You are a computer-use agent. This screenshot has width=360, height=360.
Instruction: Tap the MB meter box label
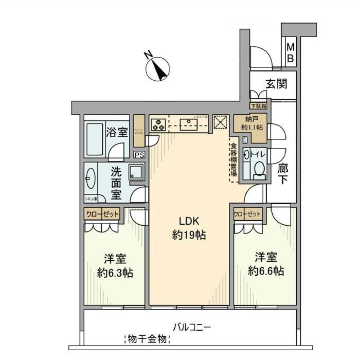(x=291, y=53)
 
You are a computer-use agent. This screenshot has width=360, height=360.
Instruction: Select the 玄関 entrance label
(x=277, y=84)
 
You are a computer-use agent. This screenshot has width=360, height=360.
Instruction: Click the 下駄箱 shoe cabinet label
(x=258, y=106)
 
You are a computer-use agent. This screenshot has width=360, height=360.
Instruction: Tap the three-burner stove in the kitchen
(x=159, y=124)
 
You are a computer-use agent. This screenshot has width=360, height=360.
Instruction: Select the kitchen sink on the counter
(x=186, y=124)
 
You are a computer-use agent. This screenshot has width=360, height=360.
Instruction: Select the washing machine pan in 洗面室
(x=136, y=172)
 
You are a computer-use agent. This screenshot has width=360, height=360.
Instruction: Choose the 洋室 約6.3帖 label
(x=114, y=265)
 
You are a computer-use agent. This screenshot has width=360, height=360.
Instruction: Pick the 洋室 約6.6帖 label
(x=266, y=264)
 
